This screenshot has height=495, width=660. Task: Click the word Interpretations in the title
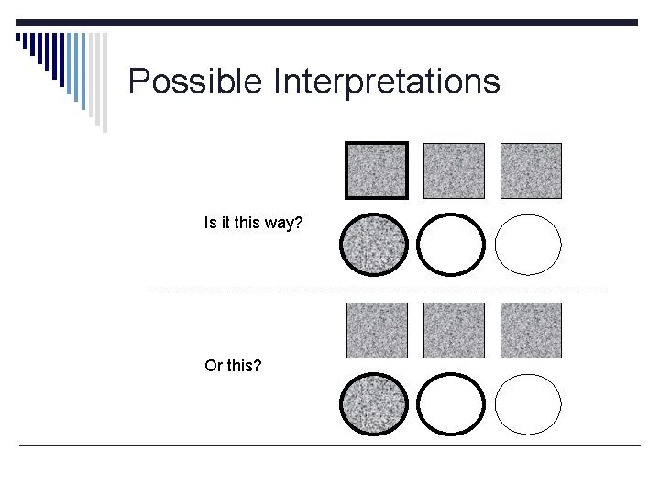[x=386, y=82]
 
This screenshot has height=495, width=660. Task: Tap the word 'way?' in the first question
[x=283, y=223]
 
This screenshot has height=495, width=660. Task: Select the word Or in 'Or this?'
[x=213, y=366]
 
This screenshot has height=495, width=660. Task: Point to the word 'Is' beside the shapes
[x=209, y=223]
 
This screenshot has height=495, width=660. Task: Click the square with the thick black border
[x=377, y=170]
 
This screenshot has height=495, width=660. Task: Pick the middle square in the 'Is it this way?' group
[x=454, y=170]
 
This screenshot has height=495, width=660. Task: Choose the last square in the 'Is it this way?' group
[x=531, y=170]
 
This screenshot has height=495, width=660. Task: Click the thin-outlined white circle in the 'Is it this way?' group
[x=528, y=246]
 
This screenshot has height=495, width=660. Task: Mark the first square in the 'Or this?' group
[x=377, y=330]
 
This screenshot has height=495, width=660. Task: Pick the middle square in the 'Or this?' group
[x=454, y=330]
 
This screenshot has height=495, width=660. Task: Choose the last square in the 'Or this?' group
[x=531, y=330]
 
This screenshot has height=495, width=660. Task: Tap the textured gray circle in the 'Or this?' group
[x=373, y=404]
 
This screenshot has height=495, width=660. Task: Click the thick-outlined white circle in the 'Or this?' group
[x=450, y=404]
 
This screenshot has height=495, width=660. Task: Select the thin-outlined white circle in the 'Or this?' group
[x=528, y=404]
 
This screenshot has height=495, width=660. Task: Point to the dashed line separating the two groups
[x=376, y=291]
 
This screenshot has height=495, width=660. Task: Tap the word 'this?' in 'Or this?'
[x=244, y=366]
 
